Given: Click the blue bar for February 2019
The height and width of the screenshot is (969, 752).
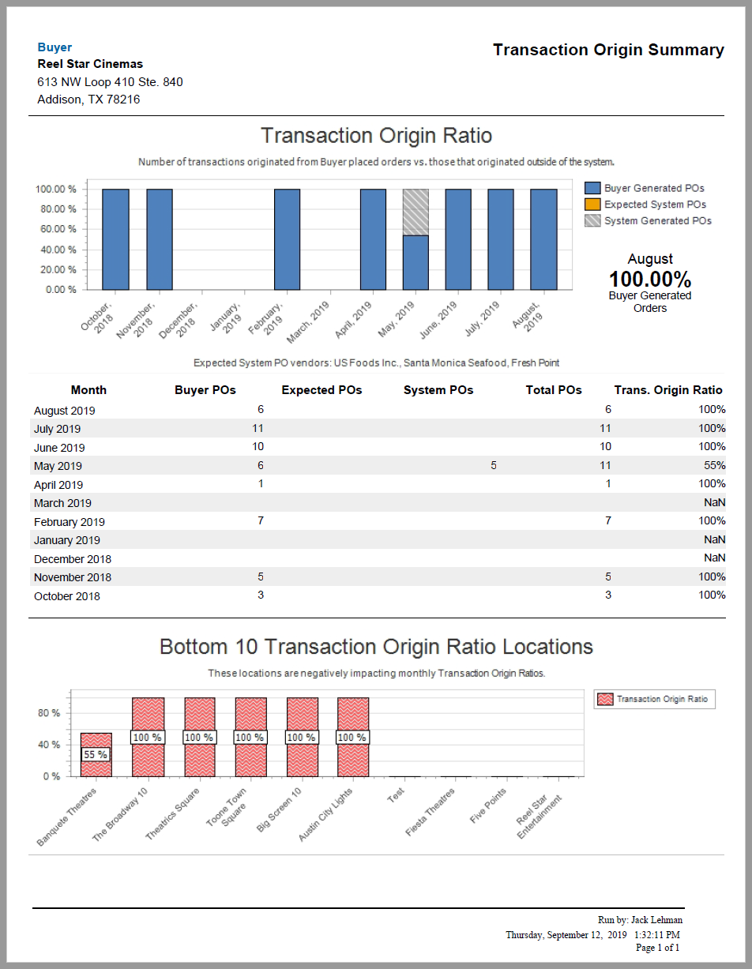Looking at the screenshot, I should (x=287, y=239).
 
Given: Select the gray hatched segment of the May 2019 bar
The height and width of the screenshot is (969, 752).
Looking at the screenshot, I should (x=415, y=212).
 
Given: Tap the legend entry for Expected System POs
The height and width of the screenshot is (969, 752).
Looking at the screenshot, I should (x=655, y=205).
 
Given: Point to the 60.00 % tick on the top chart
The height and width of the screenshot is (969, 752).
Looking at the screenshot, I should (x=55, y=229).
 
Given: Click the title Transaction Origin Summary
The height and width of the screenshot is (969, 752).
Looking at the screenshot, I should (x=608, y=50).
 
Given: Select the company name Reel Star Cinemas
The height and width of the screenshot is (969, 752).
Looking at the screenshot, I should (x=90, y=64).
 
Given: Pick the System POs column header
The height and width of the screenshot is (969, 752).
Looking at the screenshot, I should (x=438, y=390).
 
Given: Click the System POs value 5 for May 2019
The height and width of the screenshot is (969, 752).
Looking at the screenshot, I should (x=494, y=465).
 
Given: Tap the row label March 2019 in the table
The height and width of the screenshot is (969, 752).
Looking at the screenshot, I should (x=62, y=503).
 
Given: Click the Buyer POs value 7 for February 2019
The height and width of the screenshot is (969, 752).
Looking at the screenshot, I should (x=260, y=520).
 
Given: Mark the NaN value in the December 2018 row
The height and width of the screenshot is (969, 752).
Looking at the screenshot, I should (x=714, y=558).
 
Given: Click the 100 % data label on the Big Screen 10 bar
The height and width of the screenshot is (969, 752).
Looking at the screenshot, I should (x=301, y=738).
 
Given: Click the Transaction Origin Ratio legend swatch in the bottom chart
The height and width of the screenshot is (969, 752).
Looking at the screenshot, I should (x=605, y=699).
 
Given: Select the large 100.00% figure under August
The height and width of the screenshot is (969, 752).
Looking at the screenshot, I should (x=649, y=279).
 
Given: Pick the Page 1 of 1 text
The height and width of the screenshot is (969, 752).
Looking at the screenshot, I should (x=657, y=947).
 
